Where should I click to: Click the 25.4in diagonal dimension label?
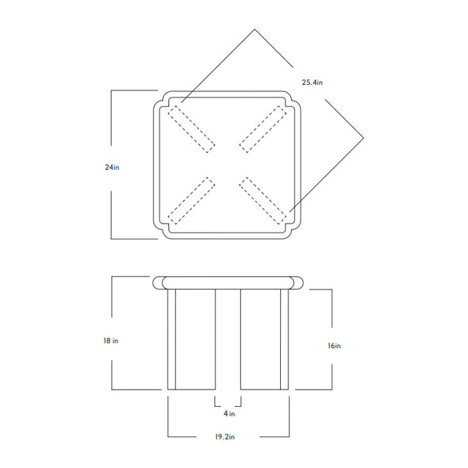click(312, 82)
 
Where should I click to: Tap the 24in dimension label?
click(112, 167)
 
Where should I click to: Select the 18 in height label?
click(111, 340)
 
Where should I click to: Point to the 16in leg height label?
click(334, 346)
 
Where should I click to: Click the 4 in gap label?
click(229, 413)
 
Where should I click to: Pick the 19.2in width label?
click(224, 436)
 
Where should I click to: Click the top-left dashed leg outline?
click(191, 129)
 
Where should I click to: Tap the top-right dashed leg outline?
click(263, 129)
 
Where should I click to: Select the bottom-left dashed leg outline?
click(191, 201)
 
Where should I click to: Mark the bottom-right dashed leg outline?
click(263, 201)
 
